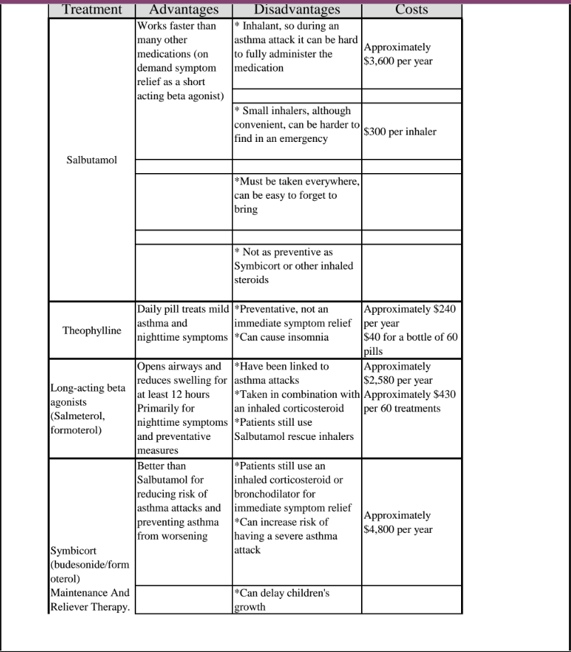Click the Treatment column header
(x=92, y=10)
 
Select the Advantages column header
(x=184, y=10)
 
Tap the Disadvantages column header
(x=296, y=10)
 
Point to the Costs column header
(x=411, y=10)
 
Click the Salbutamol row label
(x=92, y=160)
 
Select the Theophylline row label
(x=92, y=331)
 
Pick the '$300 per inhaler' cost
(x=399, y=132)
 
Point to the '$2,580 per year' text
(x=397, y=381)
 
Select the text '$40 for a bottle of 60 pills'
(x=410, y=344)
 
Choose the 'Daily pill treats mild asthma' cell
(x=183, y=323)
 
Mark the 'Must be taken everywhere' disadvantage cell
(x=296, y=195)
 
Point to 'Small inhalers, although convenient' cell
(x=296, y=125)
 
